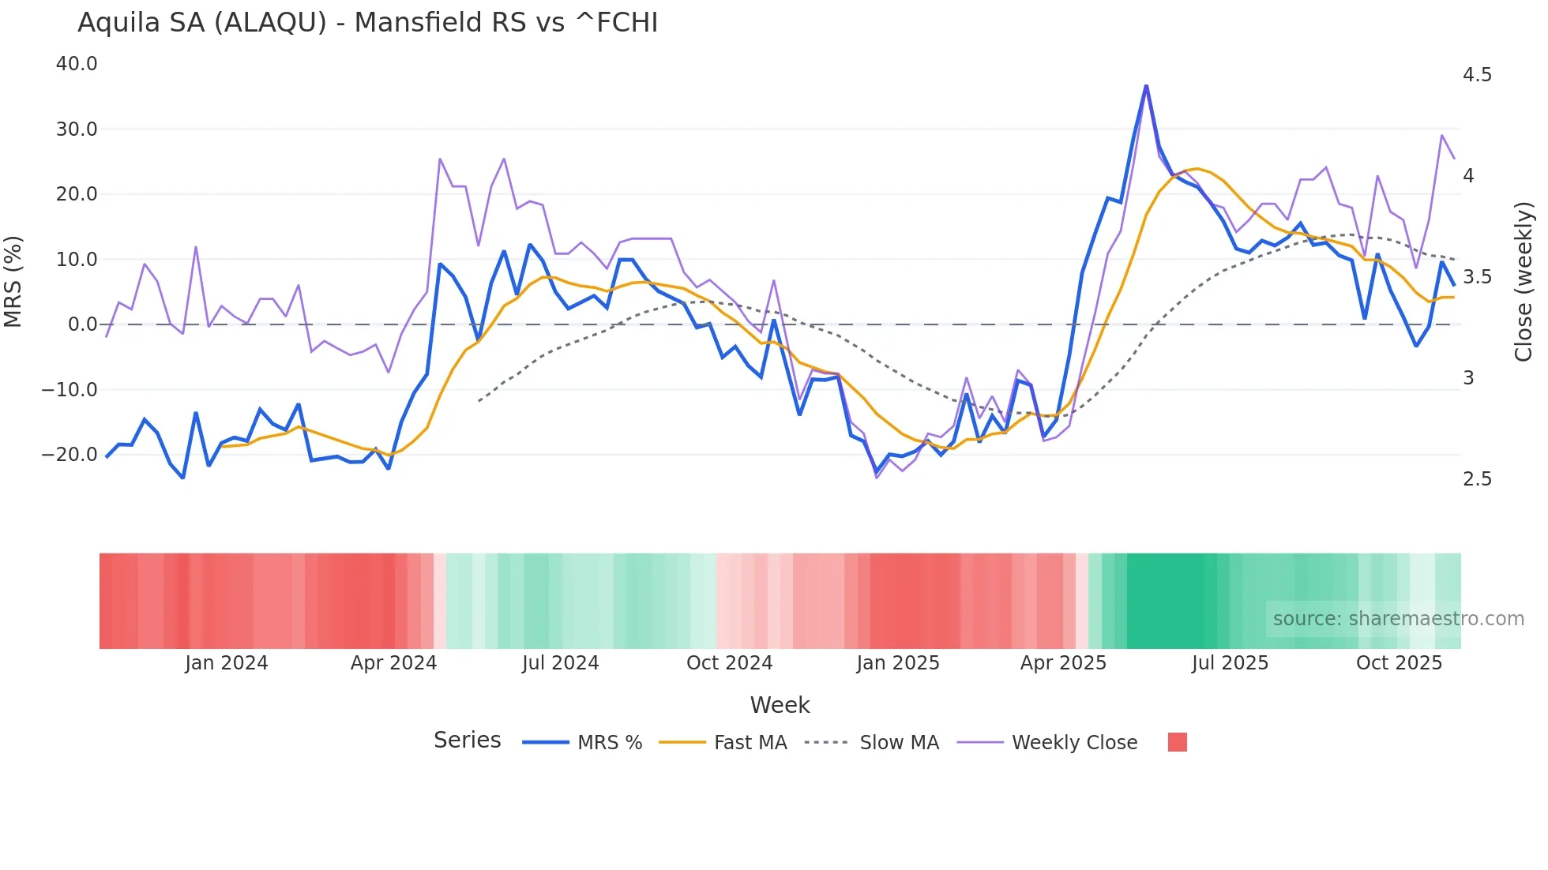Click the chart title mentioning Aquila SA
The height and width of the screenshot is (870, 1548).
(367, 23)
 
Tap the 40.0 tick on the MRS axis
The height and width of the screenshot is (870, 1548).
(77, 64)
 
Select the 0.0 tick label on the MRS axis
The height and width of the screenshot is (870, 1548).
(83, 324)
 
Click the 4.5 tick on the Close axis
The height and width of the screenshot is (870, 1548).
(1477, 75)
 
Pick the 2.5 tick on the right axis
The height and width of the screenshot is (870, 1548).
(1477, 479)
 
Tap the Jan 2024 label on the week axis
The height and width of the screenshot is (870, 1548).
(227, 663)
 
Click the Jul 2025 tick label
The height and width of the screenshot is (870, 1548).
(1230, 663)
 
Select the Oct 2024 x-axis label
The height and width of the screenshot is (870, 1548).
(729, 663)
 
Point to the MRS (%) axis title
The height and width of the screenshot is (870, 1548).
(13, 281)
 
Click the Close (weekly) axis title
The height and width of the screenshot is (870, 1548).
(1524, 281)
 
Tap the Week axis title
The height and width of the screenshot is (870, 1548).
(780, 705)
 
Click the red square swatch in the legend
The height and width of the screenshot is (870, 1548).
(1177, 742)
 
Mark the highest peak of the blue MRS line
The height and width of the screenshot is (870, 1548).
(1146, 86)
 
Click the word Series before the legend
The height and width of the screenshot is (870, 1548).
(467, 741)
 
